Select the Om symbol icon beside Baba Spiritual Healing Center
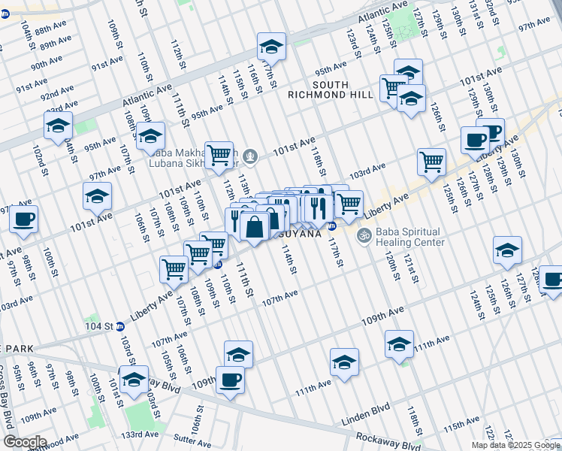point(364,236)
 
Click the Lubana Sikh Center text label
point(206,162)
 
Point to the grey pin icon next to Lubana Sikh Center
point(251,157)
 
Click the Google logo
point(25,442)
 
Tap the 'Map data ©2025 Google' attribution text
point(515,445)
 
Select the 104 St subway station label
point(98,327)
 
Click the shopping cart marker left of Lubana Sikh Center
point(219,153)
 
